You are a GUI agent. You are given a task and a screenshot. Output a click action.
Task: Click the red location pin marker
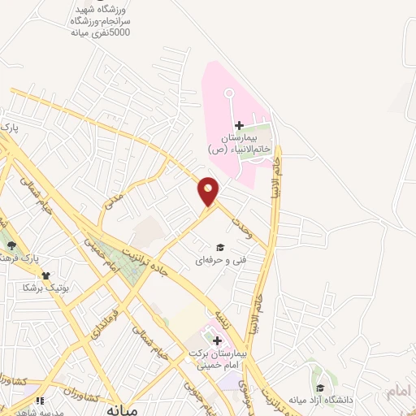pos(209,191)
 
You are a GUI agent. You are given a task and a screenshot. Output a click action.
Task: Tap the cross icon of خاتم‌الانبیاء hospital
pos(239,124)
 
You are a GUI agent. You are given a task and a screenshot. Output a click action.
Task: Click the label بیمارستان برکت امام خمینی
pos(216,360)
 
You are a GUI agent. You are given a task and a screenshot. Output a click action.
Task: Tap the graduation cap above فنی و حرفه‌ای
pos(219,247)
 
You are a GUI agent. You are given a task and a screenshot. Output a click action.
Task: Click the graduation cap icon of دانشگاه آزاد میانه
pos(322,388)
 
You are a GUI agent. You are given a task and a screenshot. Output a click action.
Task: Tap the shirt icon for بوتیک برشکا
pos(46,275)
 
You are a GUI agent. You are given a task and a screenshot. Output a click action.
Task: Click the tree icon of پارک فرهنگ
pos(11,245)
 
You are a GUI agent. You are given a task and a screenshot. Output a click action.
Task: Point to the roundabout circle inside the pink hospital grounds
pos(230,94)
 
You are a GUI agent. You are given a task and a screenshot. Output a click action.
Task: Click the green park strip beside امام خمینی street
pos(123,263)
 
